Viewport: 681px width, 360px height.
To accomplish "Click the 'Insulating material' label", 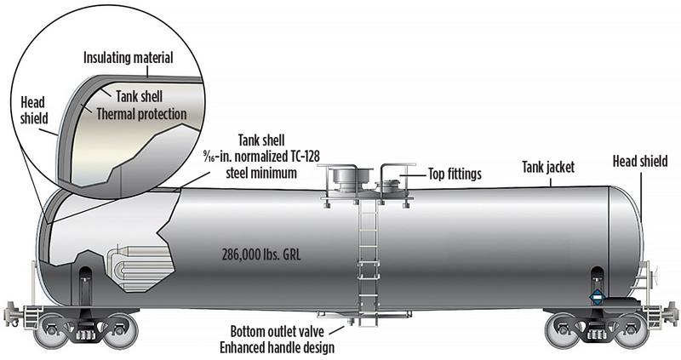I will [x=128, y=59].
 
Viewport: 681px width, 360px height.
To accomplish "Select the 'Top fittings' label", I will [x=448, y=174].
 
